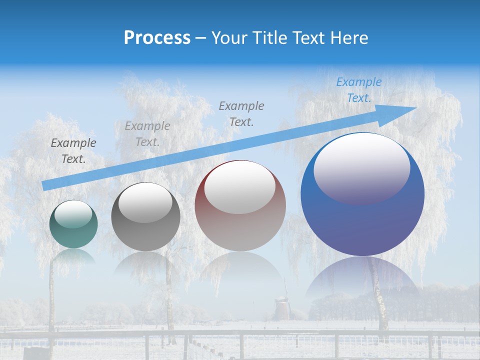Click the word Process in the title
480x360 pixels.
[x=157, y=37]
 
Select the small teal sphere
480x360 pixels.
[x=73, y=224]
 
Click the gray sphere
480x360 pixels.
[x=145, y=217]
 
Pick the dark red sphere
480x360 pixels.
[x=240, y=206]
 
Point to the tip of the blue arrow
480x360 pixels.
[x=415, y=107]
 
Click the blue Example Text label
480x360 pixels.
[x=358, y=90]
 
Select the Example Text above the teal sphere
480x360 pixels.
[x=73, y=151]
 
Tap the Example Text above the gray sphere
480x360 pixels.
[x=147, y=134]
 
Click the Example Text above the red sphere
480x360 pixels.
[x=241, y=113]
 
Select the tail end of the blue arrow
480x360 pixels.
[x=45, y=185]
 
